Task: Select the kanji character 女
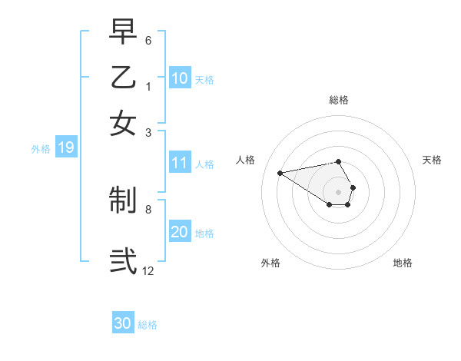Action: click(123, 123)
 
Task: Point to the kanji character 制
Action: click(123, 201)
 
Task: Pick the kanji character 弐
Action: click(123, 260)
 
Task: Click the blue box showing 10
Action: click(179, 78)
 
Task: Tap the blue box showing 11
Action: click(179, 163)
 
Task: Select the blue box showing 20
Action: click(179, 232)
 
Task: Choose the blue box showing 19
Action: click(65, 148)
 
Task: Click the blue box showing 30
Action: click(122, 323)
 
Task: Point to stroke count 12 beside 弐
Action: click(148, 270)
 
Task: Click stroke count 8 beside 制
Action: click(148, 208)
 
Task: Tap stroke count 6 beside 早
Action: click(148, 39)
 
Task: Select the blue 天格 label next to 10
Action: click(204, 79)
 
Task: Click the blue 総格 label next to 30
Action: click(148, 325)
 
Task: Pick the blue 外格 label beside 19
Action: click(41, 149)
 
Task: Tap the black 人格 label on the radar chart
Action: click(246, 160)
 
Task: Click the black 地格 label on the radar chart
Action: click(403, 263)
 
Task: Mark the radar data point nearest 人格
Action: click(280, 172)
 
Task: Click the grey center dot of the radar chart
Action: click(338, 191)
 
